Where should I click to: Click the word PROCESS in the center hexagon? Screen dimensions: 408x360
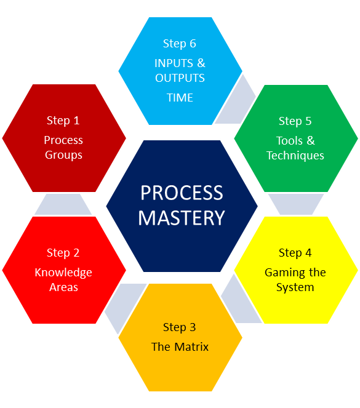coord(182,193)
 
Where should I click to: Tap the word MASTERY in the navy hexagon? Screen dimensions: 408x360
coord(182,218)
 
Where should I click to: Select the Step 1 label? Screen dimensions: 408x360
coord(63,121)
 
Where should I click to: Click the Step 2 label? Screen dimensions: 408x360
coord(63,253)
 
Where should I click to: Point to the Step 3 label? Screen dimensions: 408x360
coord(180,327)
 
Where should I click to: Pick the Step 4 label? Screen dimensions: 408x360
coord(295,253)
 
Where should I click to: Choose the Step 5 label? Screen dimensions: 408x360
coord(295,121)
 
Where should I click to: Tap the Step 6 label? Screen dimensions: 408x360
coord(180,44)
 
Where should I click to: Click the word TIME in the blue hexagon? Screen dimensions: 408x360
coord(180,98)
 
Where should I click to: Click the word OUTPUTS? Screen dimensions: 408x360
coord(180,78)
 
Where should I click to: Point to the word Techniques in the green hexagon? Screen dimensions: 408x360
coord(295,156)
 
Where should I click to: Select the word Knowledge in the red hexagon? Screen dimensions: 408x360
coord(63,273)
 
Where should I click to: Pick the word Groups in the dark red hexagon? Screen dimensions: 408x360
coord(63,155)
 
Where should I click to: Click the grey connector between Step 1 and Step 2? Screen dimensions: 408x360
coord(63,204)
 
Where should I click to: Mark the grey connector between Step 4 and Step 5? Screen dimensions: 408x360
coord(296,204)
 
